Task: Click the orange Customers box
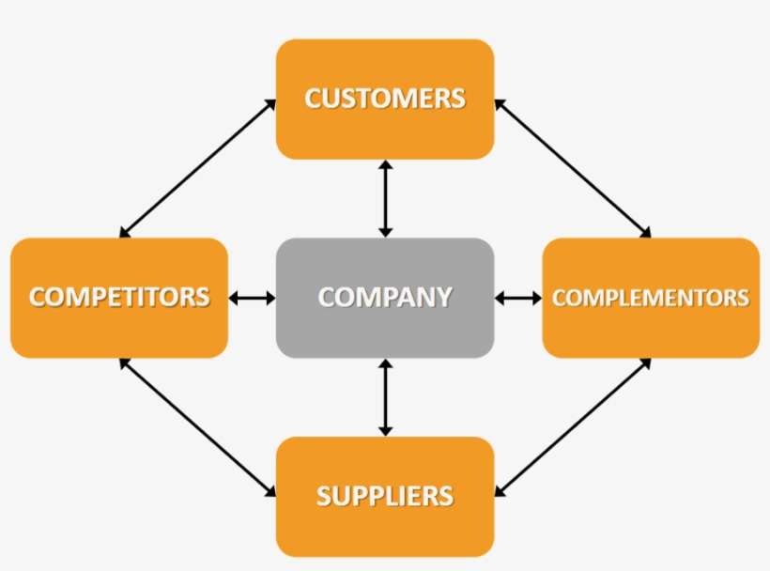[x=385, y=131]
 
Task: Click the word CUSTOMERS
[x=385, y=99]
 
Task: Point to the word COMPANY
[x=385, y=298]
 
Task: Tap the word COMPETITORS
[x=119, y=298]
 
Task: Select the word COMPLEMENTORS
[x=651, y=298]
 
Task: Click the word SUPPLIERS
[x=385, y=496]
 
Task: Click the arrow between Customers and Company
[x=384, y=198]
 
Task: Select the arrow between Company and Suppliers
[x=384, y=396]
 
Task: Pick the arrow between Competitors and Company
[x=252, y=299]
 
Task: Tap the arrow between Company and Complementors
[x=518, y=299]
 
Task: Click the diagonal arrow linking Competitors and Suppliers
[x=198, y=428]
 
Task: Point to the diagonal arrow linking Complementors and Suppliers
[x=572, y=428]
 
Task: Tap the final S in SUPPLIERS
[x=445, y=496]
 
